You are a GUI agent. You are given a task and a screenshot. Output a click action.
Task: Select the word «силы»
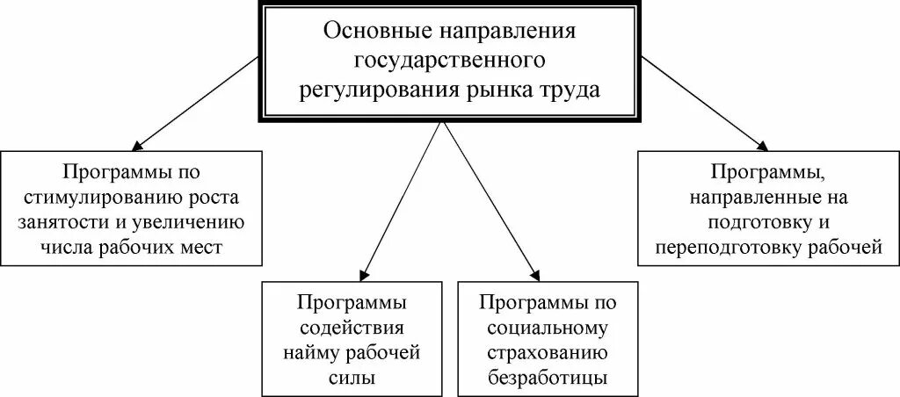point(352,379)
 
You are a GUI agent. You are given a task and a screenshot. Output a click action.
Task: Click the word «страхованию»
point(537,354)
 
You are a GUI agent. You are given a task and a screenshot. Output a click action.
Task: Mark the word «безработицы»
point(537,379)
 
